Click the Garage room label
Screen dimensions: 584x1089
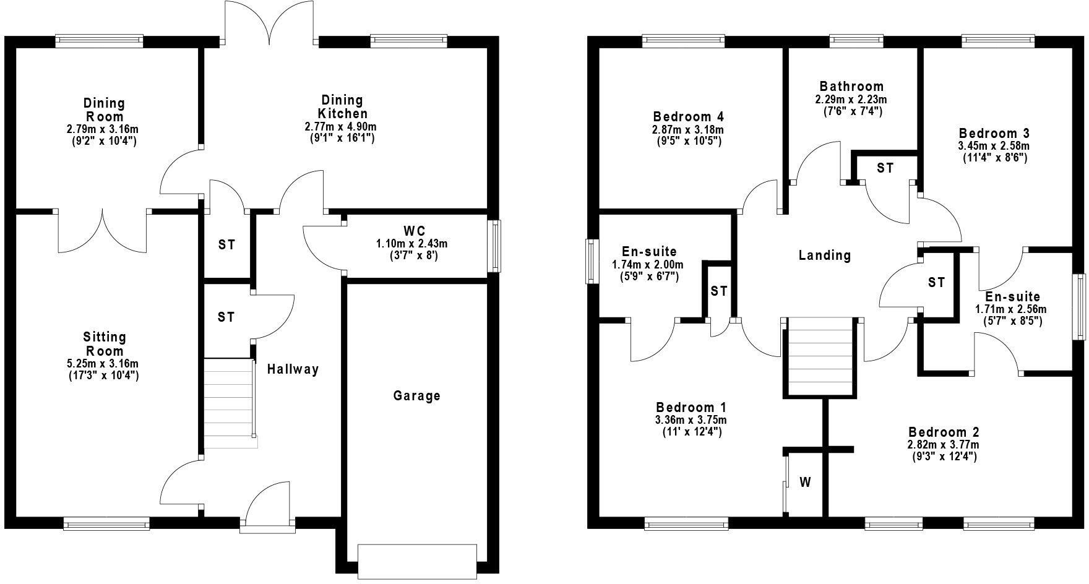416,395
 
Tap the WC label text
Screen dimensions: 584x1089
417,232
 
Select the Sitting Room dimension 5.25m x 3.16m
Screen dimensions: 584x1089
104,364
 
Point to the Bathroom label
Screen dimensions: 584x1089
851,87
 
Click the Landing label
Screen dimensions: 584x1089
824,255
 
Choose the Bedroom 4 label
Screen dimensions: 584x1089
688,117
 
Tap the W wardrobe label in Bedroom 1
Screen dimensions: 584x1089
805,483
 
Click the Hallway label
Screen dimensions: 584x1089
293,369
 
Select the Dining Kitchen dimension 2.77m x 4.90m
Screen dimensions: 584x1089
341,127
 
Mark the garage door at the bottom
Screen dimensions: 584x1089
417,560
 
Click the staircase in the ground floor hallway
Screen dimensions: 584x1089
229,403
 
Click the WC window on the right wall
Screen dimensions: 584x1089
495,247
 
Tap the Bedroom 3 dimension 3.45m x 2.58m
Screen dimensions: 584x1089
994,146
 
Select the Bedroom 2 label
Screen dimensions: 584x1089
944,432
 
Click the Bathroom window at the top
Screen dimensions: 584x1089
856,41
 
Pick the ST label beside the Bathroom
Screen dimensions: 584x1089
885,168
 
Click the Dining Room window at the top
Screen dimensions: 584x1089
99,41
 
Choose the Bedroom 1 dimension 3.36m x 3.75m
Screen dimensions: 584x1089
691,421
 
